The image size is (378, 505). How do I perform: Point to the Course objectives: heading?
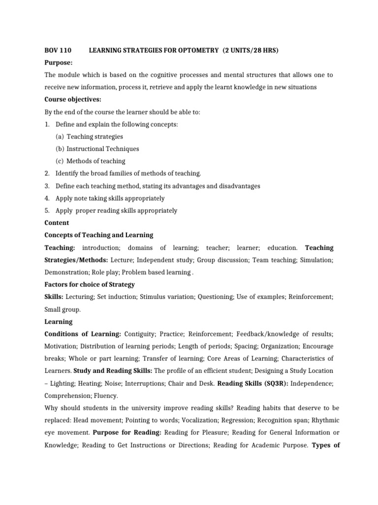point(73,100)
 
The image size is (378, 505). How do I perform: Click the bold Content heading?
point(57,223)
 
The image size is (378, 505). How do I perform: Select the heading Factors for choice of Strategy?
point(90,285)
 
